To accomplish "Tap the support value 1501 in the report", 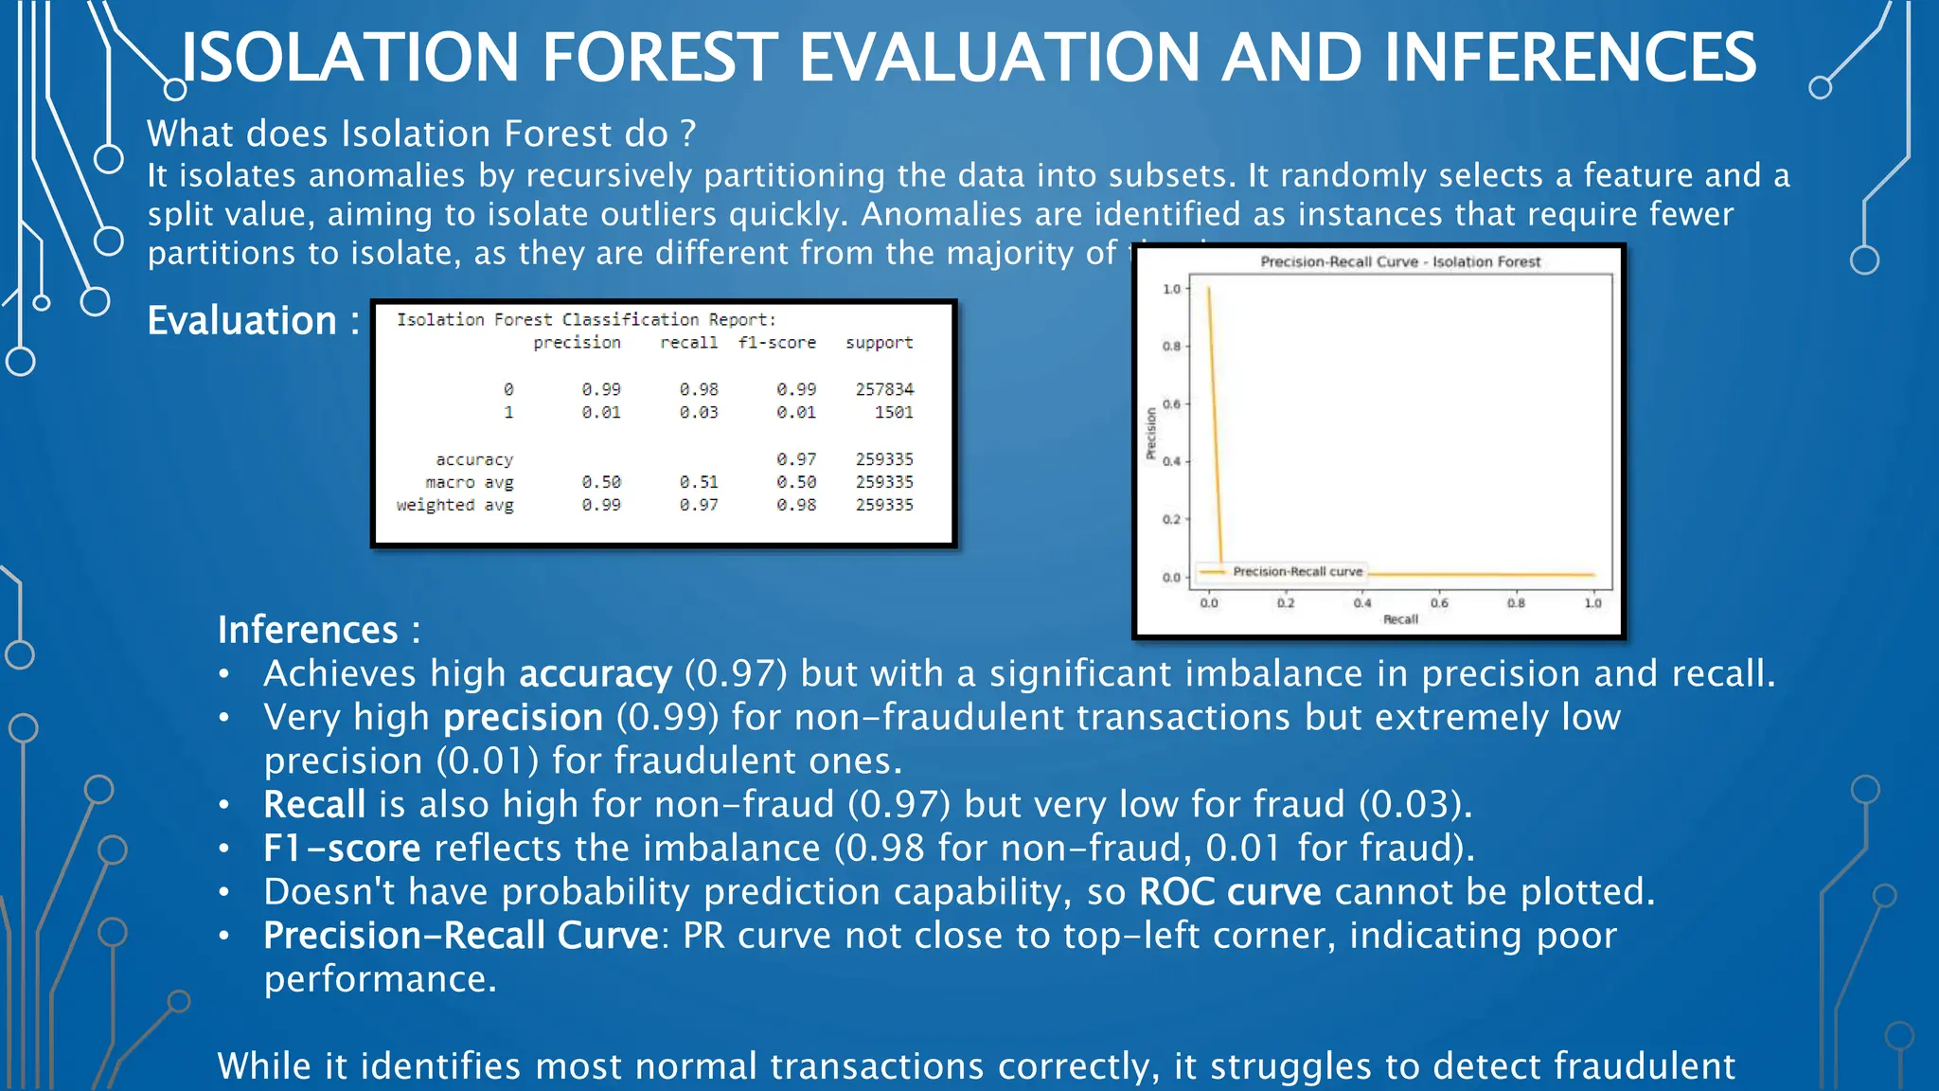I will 894,412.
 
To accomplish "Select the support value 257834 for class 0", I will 884,389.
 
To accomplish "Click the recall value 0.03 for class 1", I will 699,412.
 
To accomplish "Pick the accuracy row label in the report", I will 474,459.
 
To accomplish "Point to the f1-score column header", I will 776,343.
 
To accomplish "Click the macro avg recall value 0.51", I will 699,482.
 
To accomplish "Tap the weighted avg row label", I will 454,505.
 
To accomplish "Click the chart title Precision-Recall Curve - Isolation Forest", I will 1400,261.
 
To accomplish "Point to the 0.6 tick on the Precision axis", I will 1171,404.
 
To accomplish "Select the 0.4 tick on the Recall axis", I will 1362,602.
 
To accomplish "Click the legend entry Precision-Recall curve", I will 1297,572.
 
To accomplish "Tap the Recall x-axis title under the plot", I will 1400,619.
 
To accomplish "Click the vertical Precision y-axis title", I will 1151,433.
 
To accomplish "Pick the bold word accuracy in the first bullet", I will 595,673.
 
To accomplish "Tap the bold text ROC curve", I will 1230,891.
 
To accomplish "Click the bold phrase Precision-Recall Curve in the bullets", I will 460,935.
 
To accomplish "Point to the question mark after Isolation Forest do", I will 688,134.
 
